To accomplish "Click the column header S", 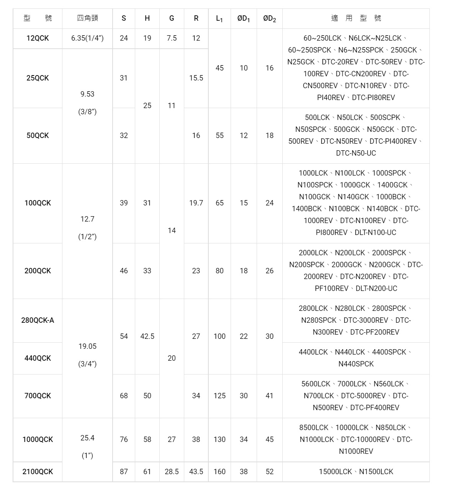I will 124,18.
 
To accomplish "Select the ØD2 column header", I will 269,18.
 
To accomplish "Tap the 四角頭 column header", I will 87,18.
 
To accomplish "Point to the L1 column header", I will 219,18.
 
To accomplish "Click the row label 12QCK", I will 38,38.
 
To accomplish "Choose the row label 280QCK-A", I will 38,320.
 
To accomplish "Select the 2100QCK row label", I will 38,471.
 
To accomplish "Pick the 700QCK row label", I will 38,396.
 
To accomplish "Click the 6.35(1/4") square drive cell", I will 87,38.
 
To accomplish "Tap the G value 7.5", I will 172,38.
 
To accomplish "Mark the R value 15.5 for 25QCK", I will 196,78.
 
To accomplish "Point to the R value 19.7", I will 196,203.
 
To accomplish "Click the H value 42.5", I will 147,336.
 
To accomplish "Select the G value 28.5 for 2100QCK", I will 172,471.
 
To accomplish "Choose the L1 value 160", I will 219,471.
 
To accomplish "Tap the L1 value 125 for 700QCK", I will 219,396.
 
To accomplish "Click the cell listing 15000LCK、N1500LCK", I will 356,471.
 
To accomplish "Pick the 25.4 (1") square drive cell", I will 87,447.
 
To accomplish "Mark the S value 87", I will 124,471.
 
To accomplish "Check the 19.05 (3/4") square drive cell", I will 87,355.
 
